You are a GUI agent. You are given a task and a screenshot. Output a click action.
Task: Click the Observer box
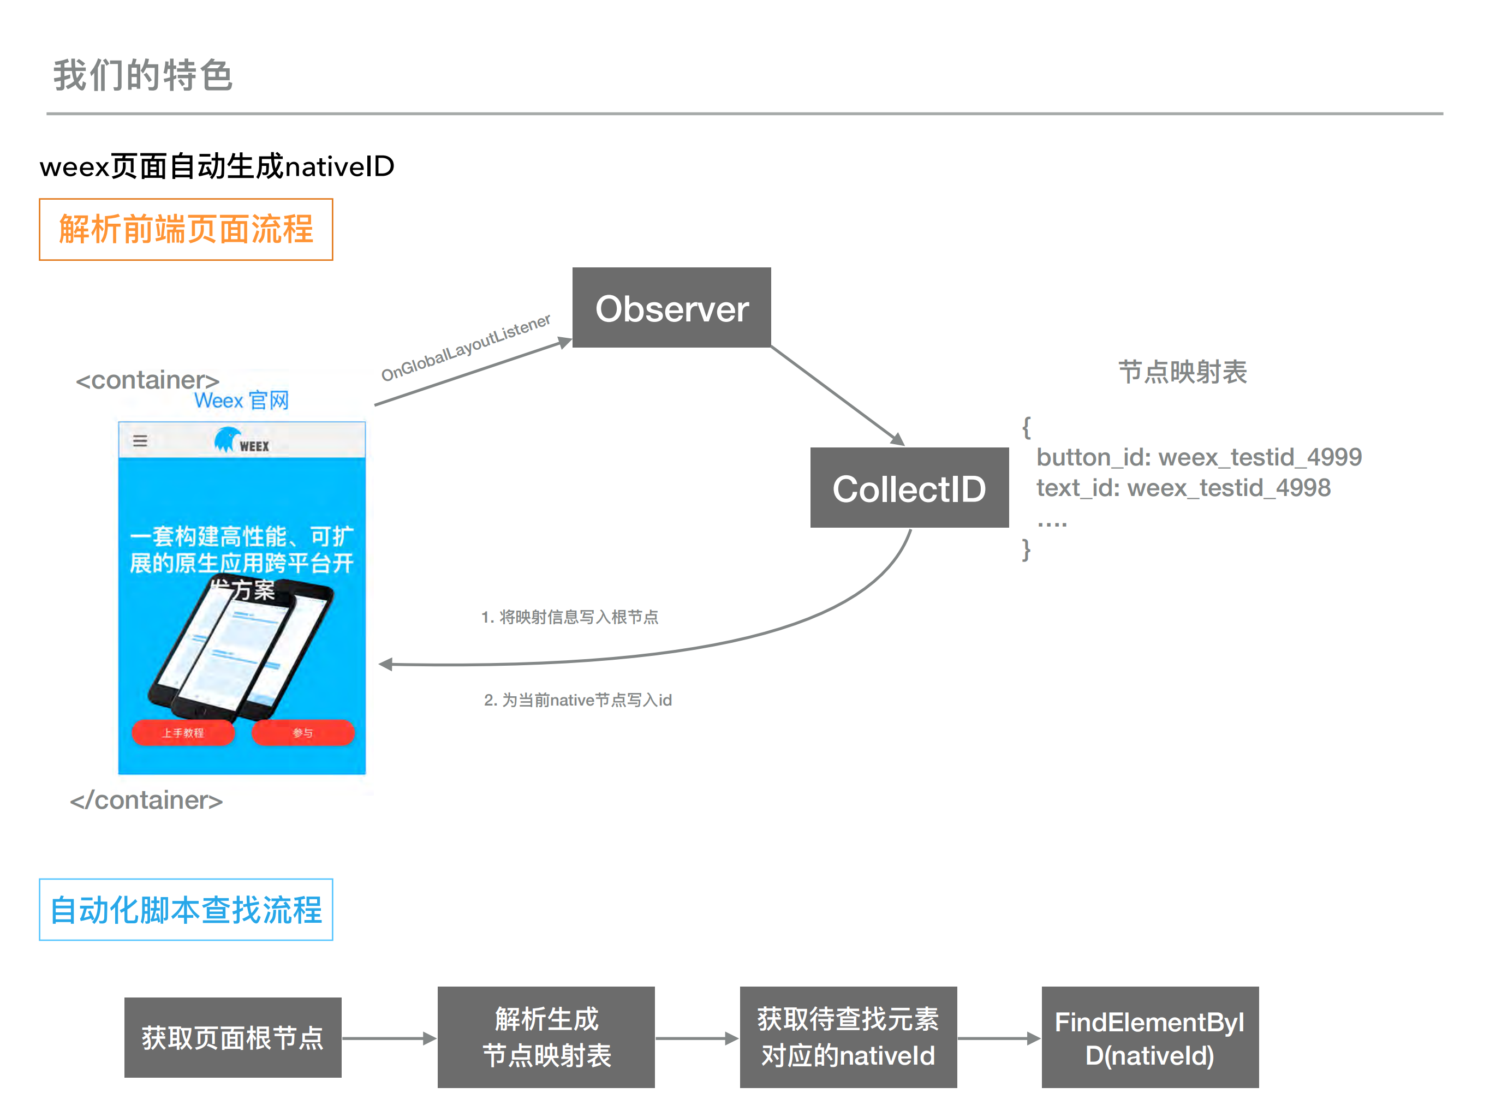point(671,308)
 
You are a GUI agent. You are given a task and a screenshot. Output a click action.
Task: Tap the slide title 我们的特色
point(143,75)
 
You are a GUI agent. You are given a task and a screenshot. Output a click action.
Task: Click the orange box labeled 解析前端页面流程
point(186,230)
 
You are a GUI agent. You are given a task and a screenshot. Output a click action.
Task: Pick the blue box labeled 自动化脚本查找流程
point(186,910)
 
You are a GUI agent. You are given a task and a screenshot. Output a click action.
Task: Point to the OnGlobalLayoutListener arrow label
point(466,348)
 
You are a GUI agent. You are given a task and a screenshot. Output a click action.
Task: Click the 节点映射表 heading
point(1182,372)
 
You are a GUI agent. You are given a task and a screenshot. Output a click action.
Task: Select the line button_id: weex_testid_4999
point(1199,457)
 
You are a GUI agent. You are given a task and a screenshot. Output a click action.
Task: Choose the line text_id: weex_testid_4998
point(1183,487)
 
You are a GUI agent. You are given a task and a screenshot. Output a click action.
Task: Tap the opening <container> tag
point(147,380)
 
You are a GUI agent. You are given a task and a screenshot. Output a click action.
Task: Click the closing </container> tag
point(146,801)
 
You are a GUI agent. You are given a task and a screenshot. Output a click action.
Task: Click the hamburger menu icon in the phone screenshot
point(140,441)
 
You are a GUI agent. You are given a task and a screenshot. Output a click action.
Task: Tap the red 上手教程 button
point(183,732)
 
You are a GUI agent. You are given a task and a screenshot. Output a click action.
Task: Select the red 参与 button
point(303,732)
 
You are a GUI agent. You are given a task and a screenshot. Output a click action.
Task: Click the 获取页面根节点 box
point(233,1037)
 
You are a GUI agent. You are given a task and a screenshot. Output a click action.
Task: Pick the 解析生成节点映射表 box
point(546,1037)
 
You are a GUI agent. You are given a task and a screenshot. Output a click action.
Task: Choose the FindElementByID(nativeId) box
point(1149,1037)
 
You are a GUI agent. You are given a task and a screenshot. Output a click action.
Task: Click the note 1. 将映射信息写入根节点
point(569,617)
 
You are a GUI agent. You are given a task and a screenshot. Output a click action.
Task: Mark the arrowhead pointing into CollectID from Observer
point(897,439)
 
